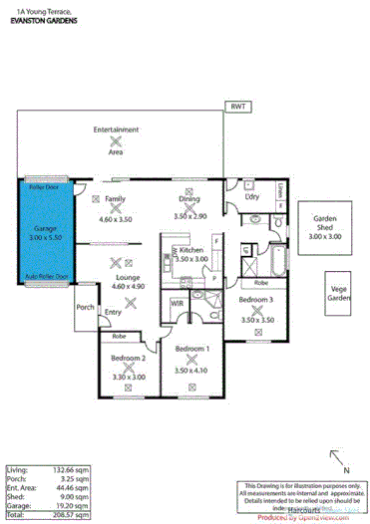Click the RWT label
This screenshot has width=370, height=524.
pos(237,106)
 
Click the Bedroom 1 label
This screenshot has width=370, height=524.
pos(191,349)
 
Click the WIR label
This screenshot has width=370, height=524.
pos(177,301)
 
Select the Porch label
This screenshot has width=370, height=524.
pos(85,307)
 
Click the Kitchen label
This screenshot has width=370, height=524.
pos(191,250)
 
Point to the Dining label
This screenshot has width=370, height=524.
pos(188,198)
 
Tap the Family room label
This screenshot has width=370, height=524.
pos(115,199)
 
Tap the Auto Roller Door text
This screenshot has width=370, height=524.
pos(46,275)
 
